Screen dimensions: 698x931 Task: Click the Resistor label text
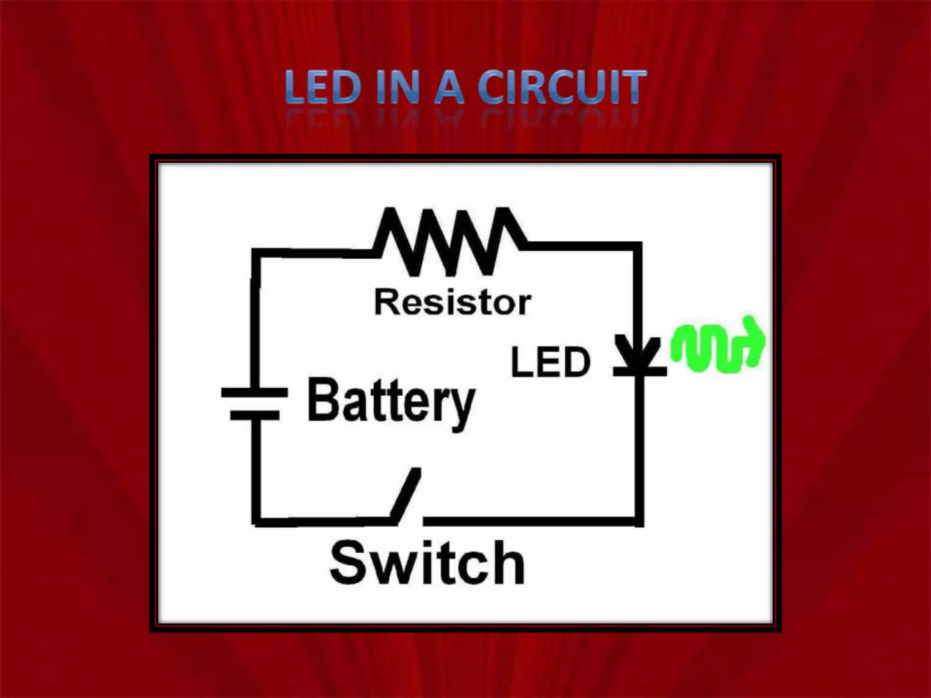coord(452,303)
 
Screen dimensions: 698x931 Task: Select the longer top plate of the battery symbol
coord(255,393)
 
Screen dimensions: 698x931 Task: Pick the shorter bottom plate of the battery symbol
coord(255,415)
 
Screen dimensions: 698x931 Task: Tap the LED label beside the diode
coord(551,362)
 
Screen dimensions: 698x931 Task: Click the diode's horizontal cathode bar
coord(640,371)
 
